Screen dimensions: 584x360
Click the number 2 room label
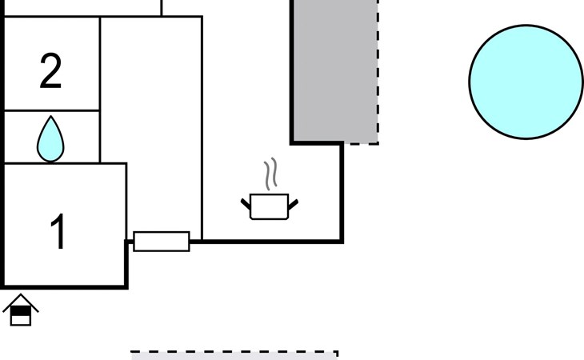pos(50,71)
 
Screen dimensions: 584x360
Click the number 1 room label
pos(58,231)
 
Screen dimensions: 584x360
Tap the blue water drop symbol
pos(50,139)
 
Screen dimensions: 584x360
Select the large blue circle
pos(526,82)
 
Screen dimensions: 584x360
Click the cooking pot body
pos(270,206)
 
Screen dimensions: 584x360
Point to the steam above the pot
pos(270,174)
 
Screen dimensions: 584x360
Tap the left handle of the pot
pos(246,204)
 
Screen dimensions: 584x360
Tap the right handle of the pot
pos(293,205)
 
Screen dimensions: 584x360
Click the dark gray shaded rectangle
pos(335,70)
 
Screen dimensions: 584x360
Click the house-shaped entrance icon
pos(21,310)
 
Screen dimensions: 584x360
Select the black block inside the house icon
pos(21,311)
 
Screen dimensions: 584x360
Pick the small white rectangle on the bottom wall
pos(162,242)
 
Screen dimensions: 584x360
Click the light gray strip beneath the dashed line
pos(234,357)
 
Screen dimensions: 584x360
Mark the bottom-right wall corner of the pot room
pos(342,242)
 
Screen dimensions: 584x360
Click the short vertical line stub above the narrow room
pos(162,8)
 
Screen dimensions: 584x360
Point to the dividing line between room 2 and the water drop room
pos(52,110)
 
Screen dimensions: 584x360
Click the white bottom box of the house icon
pos(21,320)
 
